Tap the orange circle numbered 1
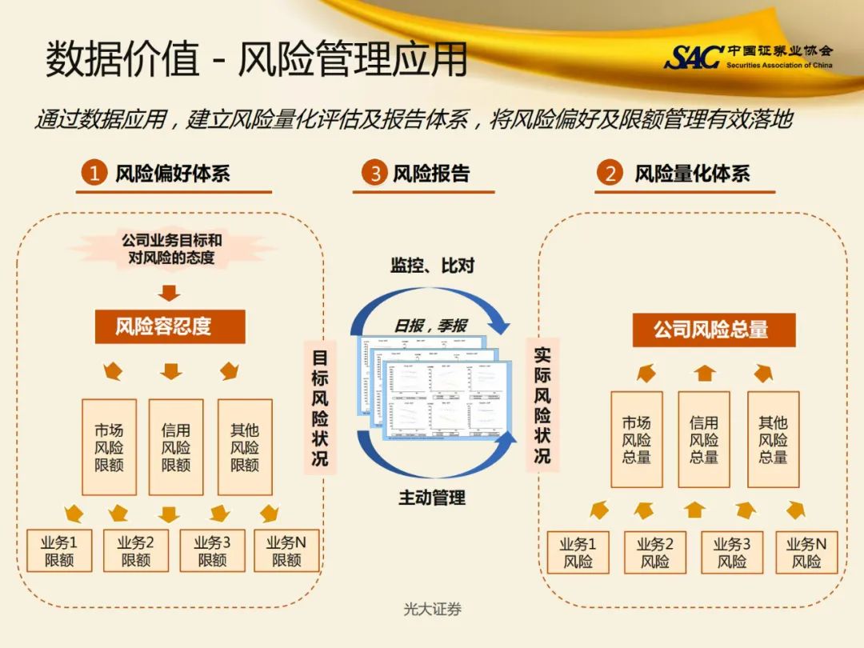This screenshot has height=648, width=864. (x=94, y=173)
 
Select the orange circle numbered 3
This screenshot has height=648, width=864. (x=373, y=173)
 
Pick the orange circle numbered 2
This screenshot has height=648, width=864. (x=611, y=173)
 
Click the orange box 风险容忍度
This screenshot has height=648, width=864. (x=170, y=326)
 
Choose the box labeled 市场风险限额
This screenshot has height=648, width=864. (x=109, y=447)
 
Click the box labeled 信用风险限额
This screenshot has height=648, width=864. (x=176, y=447)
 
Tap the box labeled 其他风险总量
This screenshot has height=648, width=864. (x=773, y=439)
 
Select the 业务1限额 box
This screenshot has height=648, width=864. (x=59, y=550)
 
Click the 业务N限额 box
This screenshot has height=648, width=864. (x=286, y=550)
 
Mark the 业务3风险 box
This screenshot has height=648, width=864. (x=732, y=552)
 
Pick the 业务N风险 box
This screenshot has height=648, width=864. (x=806, y=552)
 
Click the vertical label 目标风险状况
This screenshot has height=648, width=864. (x=320, y=407)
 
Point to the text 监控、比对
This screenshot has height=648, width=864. (x=432, y=266)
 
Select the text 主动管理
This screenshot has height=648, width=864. (x=432, y=498)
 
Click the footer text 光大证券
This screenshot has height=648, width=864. (x=432, y=610)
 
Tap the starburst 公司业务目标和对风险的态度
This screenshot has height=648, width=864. (x=171, y=249)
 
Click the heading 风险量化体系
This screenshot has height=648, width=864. (x=692, y=173)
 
